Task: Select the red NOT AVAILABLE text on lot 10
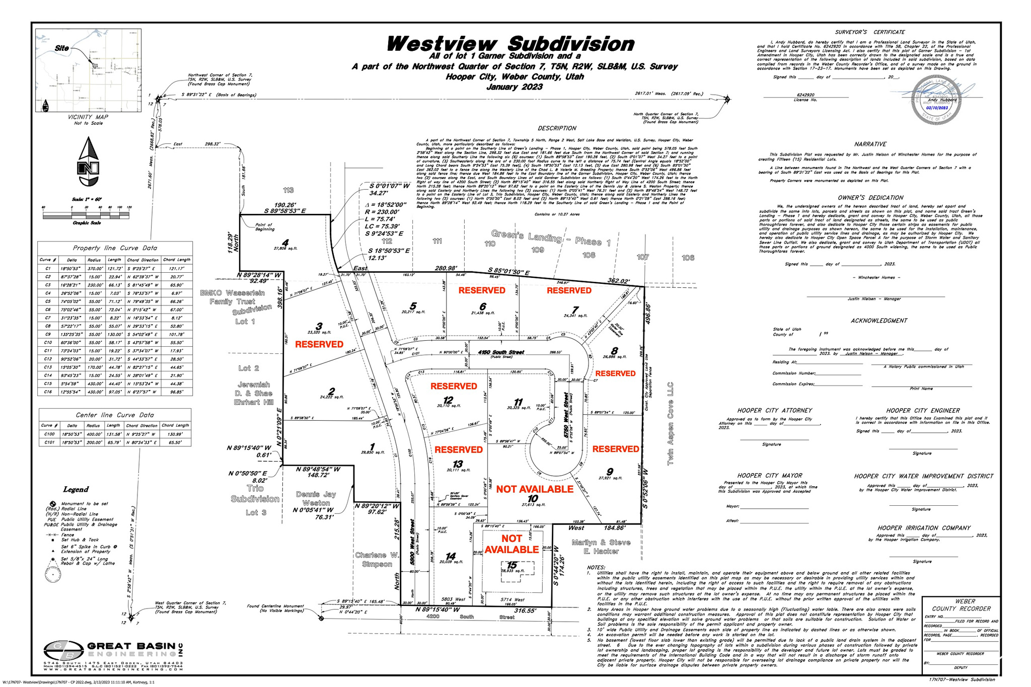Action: tap(535, 489)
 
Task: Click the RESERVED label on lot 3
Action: tap(319, 344)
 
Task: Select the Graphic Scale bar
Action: tap(87, 215)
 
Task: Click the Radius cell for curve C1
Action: tap(94, 269)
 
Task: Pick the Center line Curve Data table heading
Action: tap(115, 415)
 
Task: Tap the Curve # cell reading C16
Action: tap(48, 392)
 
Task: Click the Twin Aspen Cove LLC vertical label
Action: tap(670, 422)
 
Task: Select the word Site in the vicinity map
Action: tap(61, 48)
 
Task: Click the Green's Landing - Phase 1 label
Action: tap(550, 238)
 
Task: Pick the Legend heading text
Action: tap(76, 489)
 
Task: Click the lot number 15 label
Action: tap(512, 566)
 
